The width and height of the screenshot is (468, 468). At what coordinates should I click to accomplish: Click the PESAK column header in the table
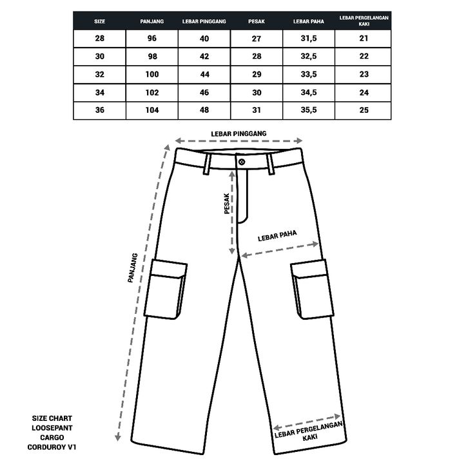(257, 21)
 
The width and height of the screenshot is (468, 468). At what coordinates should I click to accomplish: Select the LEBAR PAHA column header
(308, 21)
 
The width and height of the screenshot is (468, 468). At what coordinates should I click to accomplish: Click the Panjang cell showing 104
(151, 110)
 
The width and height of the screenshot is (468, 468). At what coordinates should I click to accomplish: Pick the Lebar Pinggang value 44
(204, 74)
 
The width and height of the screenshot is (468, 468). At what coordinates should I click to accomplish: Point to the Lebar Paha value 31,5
(308, 39)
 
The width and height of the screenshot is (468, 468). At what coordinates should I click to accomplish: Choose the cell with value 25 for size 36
(364, 110)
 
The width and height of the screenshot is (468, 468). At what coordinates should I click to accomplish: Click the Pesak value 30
(257, 92)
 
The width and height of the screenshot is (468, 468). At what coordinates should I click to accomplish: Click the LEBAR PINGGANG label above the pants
(239, 133)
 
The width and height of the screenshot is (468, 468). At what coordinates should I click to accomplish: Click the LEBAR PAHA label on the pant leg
(277, 236)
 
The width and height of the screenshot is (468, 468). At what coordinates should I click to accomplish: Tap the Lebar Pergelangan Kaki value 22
(364, 57)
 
